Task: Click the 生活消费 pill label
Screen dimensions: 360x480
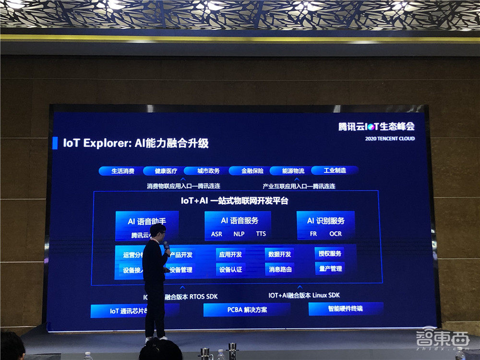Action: point(123,171)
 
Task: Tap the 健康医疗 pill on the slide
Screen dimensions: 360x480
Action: point(166,171)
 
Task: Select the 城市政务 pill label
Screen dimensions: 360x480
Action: point(208,171)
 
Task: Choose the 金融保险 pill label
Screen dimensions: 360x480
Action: point(252,171)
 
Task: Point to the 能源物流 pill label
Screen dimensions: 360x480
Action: point(293,171)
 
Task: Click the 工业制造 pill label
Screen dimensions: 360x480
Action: point(335,170)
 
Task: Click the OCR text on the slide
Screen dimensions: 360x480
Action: point(336,234)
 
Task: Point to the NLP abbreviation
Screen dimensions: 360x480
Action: point(239,234)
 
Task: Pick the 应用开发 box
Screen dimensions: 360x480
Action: point(231,254)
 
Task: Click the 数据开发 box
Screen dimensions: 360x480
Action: point(279,254)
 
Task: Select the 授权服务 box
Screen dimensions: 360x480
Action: point(330,253)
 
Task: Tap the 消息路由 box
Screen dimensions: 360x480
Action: point(280,270)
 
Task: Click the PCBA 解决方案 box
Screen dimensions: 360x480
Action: point(247,310)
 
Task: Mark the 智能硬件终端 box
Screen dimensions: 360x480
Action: point(345,309)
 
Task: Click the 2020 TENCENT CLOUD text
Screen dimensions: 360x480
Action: point(390,139)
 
